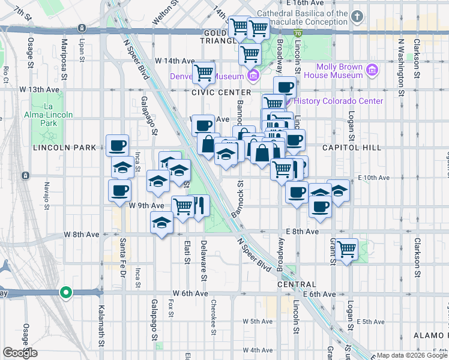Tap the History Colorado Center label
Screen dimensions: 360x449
(339, 101)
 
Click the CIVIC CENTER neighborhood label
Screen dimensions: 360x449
(221, 92)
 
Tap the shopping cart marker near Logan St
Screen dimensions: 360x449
(347, 248)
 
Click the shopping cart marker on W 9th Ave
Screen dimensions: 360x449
(183, 206)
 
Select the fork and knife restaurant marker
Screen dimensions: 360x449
(198, 206)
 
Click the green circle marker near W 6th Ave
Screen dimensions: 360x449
(66, 293)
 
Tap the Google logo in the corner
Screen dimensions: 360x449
(20, 353)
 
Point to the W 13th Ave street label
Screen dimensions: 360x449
(40, 89)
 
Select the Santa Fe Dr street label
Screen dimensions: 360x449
(122, 254)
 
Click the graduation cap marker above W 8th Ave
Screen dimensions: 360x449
(161, 222)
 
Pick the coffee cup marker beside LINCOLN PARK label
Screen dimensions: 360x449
(117, 145)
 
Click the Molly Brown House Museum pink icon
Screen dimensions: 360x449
(372, 71)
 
